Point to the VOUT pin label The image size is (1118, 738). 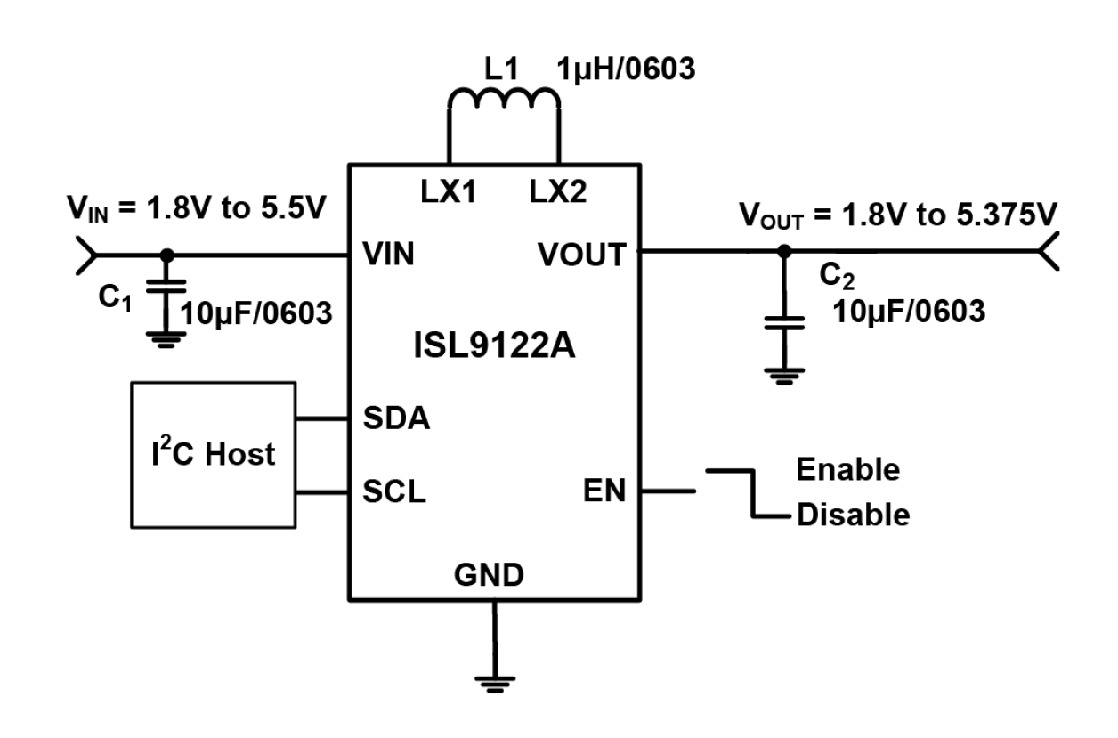pyautogui.click(x=581, y=255)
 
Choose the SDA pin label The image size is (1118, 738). pyautogui.click(x=396, y=418)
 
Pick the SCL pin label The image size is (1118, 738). pyautogui.click(x=394, y=491)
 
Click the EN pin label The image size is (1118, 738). pyautogui.click(x=604, y=491)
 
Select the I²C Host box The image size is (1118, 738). pyautogui.click(x=213, y=454)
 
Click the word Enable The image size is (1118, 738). pyautogui.click(x=847, y=468)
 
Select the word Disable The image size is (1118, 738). pyautogui.click(x=853, y=515)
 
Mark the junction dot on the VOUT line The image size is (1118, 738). pyautogui.click(x=783, y=253)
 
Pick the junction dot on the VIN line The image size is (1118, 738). pyautogui.click(x=166, y=255)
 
